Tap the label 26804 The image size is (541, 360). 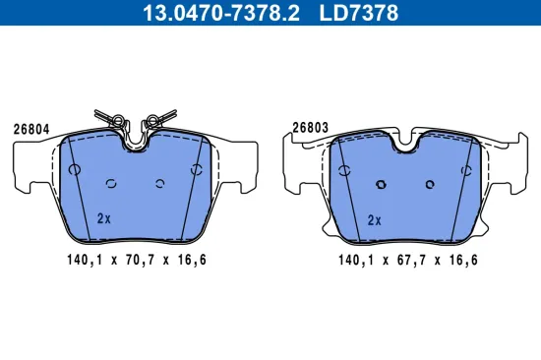pos(31,128)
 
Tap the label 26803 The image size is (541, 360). pos(310,126)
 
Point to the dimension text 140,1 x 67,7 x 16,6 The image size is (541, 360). pos(407,261)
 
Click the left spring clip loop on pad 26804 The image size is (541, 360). pos(119,122)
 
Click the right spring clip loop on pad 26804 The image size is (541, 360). pos(153,122)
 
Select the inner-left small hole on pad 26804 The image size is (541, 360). pos(112,182)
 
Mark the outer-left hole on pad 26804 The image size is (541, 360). pos(75,169)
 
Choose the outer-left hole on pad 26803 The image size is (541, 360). pos(343,169)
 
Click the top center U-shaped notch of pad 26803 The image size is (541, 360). pos(404,142)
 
